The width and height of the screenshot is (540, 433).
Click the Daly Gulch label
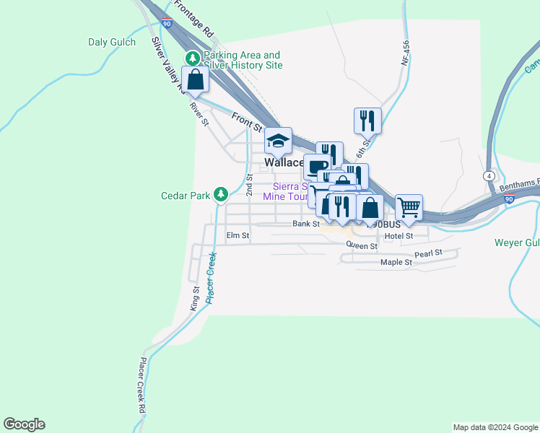(x=112, y=43)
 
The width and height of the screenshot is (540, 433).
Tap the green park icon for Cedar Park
(x=221, y=194)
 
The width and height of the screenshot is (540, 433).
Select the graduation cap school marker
(x=277, y=140)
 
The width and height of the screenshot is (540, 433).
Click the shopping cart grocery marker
(x=409, y=207)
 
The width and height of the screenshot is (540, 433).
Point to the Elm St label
(x=238, y=235)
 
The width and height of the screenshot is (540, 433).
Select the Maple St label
(x=396, y=263)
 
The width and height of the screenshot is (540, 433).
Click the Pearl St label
(x=427, y=255)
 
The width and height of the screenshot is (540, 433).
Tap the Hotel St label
(x=399, y=236)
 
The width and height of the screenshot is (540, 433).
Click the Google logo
(x=24, y=424)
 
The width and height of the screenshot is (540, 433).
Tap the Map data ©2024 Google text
(x=495, y=427)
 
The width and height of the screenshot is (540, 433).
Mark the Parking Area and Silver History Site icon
(x=193, y=58)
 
